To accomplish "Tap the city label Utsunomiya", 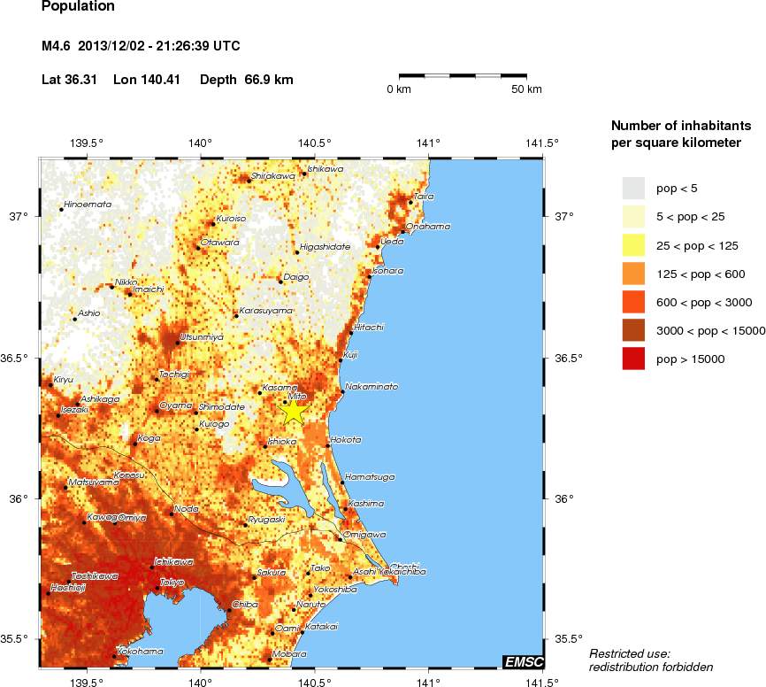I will pos(202,337).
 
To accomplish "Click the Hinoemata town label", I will pos(88,205).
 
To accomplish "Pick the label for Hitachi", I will pos(368,328).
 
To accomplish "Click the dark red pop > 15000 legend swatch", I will pos(633,359).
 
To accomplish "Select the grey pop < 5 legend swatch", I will pos(633,189).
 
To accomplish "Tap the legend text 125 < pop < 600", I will pos(698,274).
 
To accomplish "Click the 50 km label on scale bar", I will pos(527,89).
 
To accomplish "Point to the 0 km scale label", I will pos(399,89).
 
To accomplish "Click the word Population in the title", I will pos(79,7).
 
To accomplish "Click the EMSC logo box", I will pos(523,661).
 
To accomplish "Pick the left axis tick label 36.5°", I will pos(17,359).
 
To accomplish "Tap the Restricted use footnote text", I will pos(630,653).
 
